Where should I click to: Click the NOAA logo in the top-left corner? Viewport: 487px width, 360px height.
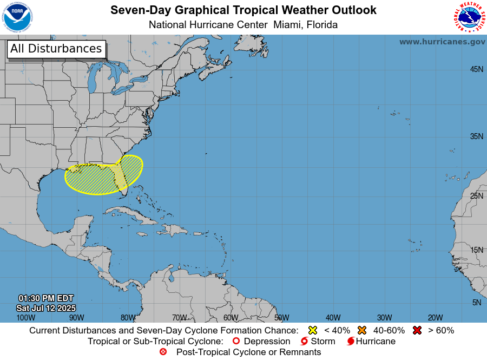tap(17, 17)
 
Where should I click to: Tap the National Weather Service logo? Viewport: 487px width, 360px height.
tap(468, 17)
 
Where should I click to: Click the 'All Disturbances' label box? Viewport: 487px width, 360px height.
tap(56, 49)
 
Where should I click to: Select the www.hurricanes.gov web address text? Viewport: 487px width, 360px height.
tap(442, 42)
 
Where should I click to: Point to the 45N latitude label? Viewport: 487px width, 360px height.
tap(476, 69)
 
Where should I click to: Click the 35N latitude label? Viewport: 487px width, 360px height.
tap(476, 136)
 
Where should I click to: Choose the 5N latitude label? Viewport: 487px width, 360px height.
tap(476, 303)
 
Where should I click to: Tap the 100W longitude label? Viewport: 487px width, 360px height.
tap(25, 318)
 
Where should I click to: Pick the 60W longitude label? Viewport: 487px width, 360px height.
tap(231, 318)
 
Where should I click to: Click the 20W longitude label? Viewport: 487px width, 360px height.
tap(436, 318)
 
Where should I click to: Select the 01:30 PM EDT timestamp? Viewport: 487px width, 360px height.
tap(45, 298)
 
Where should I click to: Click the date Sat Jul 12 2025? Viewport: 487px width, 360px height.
tap(45, 308)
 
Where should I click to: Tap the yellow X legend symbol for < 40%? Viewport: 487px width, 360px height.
tap(312, 330)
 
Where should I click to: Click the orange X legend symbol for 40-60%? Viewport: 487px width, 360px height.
tap(362, 330)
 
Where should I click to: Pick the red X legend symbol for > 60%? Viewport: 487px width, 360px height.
tap(417, 330)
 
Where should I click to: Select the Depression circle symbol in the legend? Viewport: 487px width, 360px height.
tap(235, 342)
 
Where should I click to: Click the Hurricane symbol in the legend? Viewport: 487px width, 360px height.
tap(351, 342)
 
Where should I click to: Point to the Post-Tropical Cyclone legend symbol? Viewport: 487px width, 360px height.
tap(163, 352)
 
